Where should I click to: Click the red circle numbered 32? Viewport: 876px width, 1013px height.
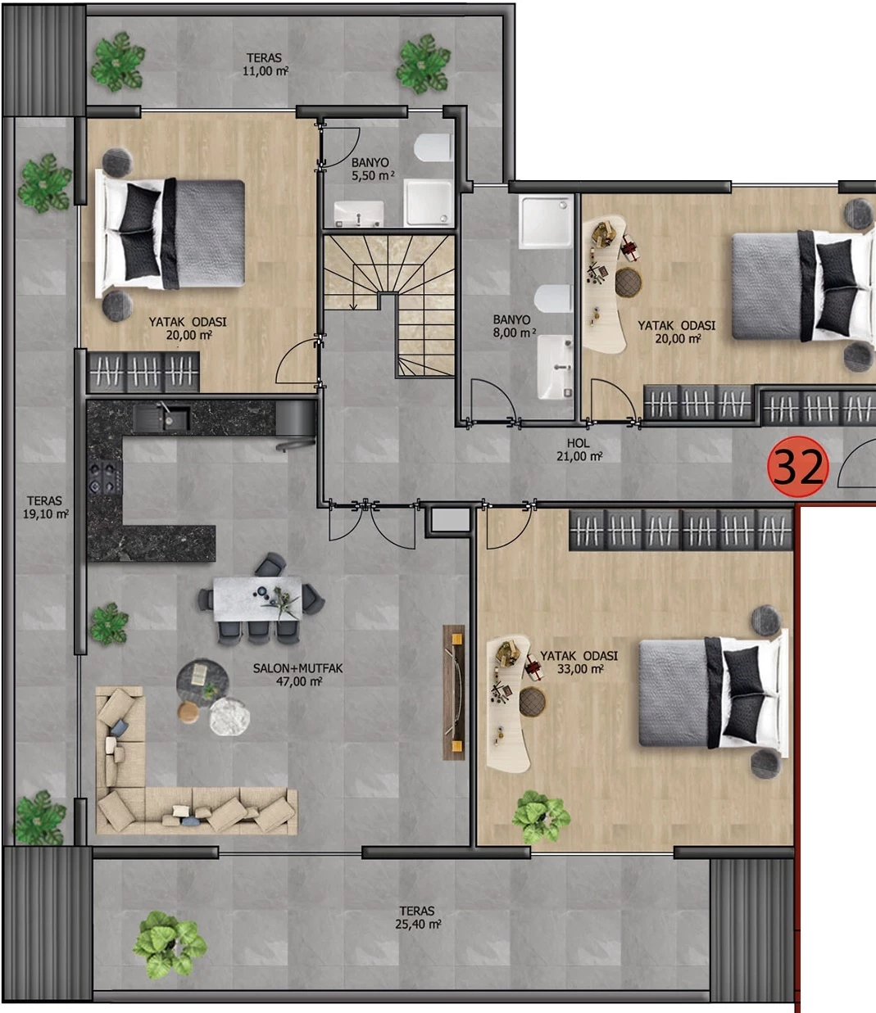pos(797,466)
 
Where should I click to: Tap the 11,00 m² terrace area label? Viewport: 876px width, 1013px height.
pos(265,64)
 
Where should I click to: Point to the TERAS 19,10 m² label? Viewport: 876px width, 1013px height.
pos(45,507)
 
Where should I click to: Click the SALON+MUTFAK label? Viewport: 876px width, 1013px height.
pos(297,668)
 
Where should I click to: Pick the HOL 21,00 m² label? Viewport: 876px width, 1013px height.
pos(579,450)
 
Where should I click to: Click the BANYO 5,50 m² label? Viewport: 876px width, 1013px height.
pos(372,169)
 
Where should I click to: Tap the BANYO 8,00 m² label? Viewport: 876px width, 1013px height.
pos(514,327)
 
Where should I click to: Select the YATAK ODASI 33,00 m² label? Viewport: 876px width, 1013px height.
pos(579,663)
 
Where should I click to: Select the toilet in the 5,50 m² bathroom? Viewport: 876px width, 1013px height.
pos(433,147)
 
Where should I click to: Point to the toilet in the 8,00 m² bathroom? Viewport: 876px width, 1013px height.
pos(553,298)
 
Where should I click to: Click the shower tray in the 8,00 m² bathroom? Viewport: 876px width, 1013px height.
pos(547,222)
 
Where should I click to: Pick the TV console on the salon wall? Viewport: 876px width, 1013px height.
pos(454,692)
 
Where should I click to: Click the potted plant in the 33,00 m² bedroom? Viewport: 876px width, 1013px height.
pos(541,816)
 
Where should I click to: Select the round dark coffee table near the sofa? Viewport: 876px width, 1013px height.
pos(202,683)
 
